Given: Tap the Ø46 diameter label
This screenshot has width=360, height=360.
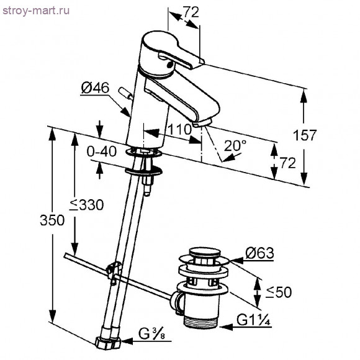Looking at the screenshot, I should click(x=94, y=89).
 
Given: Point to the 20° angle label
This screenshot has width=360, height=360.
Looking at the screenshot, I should click(x=235, y=146).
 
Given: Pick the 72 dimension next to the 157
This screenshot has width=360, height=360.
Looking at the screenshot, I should click(x=287, y=163).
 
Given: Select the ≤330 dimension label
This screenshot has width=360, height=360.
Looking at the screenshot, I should click(x=87, y=205).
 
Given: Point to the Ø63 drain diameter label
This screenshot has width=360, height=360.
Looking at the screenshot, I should click(x=259, y=253).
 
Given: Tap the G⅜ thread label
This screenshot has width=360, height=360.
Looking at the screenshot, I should click(x=151, y=338).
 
